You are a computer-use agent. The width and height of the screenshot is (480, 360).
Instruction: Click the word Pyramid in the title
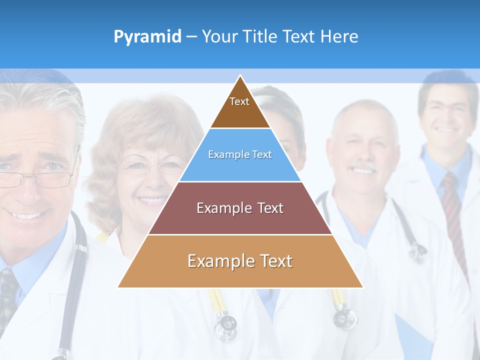147,36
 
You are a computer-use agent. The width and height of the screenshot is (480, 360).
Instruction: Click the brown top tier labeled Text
239,107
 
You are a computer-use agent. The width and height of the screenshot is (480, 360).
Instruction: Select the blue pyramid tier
240,155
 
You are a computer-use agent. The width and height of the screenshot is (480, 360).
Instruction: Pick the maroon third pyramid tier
240,208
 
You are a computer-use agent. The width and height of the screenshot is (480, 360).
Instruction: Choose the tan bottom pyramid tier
240,261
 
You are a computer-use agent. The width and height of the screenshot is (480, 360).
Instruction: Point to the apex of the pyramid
240,76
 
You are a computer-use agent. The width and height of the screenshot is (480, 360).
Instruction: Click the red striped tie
453,210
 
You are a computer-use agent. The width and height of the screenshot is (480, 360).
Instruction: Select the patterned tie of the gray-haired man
7,290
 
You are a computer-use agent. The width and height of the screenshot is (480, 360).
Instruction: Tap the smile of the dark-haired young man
446,131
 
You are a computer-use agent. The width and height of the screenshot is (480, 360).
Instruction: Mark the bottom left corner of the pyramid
118,287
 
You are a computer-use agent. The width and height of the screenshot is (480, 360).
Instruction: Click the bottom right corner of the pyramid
362,287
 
